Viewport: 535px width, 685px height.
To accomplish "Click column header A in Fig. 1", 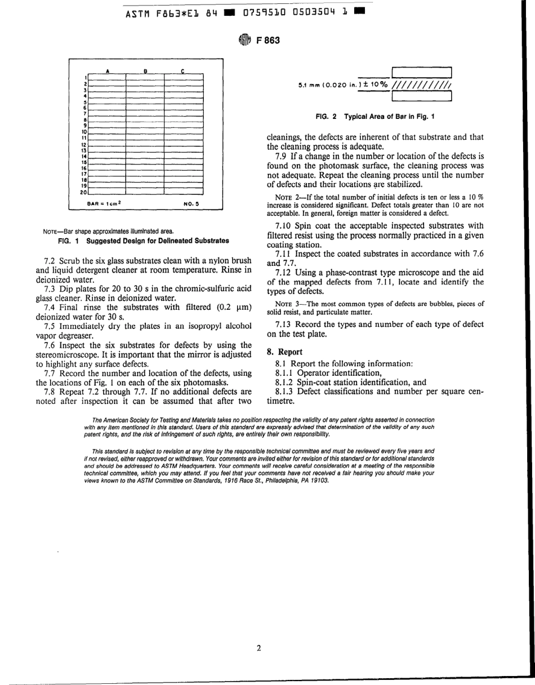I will click(x=107, y=71).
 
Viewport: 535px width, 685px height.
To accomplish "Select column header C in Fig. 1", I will click(x=182, y=71).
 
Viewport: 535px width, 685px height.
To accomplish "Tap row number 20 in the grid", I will click(x=83, y=192).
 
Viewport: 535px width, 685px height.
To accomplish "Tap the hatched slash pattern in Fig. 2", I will click(x=422, y=86).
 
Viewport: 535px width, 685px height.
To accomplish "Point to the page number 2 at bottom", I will click(x=258, y=648).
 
